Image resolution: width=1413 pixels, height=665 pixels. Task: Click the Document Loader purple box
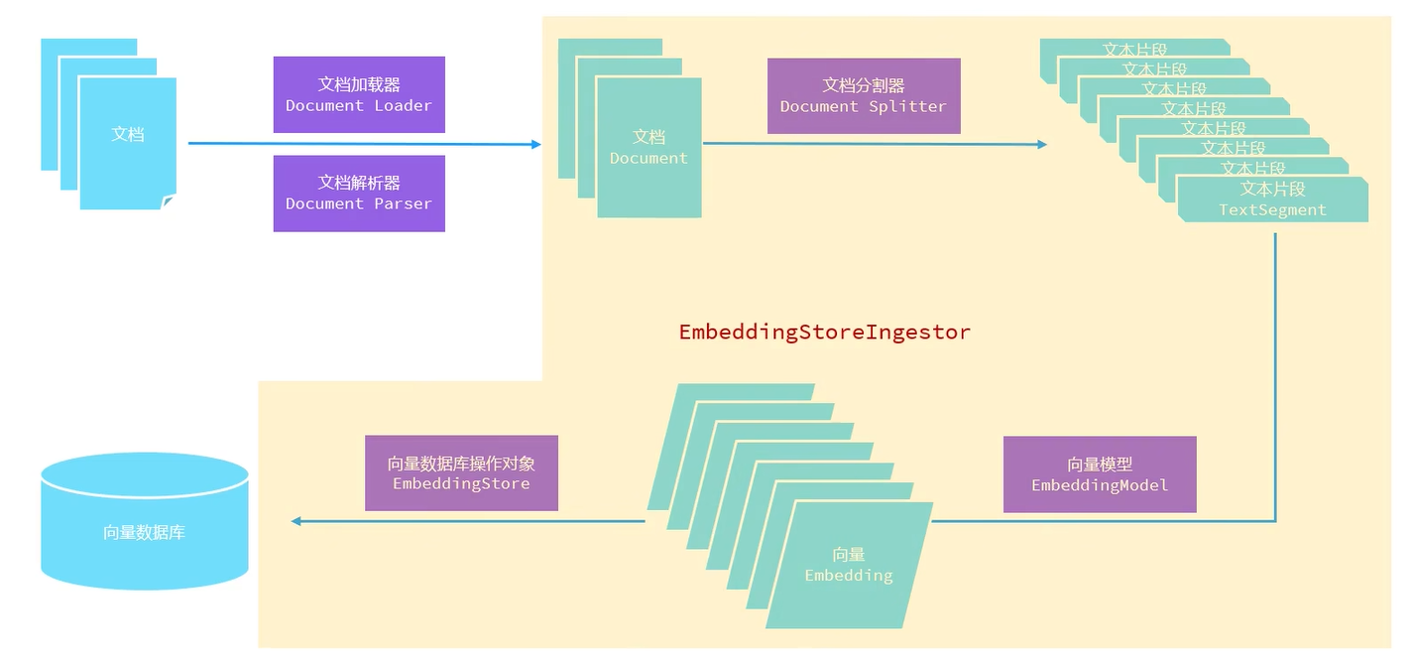click(x=359, y=94)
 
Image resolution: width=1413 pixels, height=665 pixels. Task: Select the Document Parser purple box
click(x=359, y=193)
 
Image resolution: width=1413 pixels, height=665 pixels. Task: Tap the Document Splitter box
click(x=864, y=95)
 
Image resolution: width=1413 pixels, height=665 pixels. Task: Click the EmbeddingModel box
click(x=1100, y=474)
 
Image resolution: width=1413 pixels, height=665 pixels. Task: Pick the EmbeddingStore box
click(x=461, y=473)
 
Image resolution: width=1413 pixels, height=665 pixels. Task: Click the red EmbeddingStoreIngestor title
click(x=824, y=332)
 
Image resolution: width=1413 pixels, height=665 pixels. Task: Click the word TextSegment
click(x=1272, y=210)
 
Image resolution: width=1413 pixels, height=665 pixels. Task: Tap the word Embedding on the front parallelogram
click(x=848, y=576)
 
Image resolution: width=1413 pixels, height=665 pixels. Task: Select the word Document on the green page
click(x=648, y=159)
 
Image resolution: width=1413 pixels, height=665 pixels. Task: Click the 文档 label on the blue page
click(x=128, y=134)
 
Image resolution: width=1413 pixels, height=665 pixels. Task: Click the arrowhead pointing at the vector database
click(x=295, y=521)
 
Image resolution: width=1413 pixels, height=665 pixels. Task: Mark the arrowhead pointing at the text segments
click(x=1041, y=144)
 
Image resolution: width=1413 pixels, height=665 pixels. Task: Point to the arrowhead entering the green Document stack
click(x=536, y=144)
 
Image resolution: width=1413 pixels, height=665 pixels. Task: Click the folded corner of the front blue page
click(x=169, y=201)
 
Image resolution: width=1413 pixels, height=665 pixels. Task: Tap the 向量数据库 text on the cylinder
click(x=144, y=533)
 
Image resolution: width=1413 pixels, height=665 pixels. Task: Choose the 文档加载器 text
click(x=359, y=84)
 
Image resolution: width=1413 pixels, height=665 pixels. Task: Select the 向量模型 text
click(x=1100, y=464)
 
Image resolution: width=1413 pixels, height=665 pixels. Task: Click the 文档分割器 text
click(x=864, y=85)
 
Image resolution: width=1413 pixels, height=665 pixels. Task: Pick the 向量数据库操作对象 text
click(x=461, y=464)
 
